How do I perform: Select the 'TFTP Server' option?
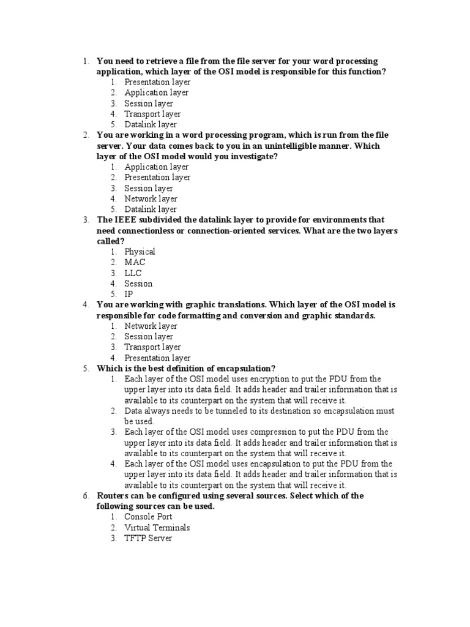coord(148,538)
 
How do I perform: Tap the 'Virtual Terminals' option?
coord(157,527)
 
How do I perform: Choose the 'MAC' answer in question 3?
coord(135,262)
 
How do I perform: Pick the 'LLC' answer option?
coord(133,272)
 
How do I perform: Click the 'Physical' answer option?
coord(140,252)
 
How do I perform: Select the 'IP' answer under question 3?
coord(129,294)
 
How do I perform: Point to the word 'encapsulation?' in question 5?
coord(246,368)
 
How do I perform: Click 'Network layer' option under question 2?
coord(151,198)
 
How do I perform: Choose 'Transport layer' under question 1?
coord(152,114)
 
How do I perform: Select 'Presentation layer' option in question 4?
coord(157,358)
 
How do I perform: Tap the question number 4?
coord(86,304)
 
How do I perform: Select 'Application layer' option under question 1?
coord(156,92)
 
